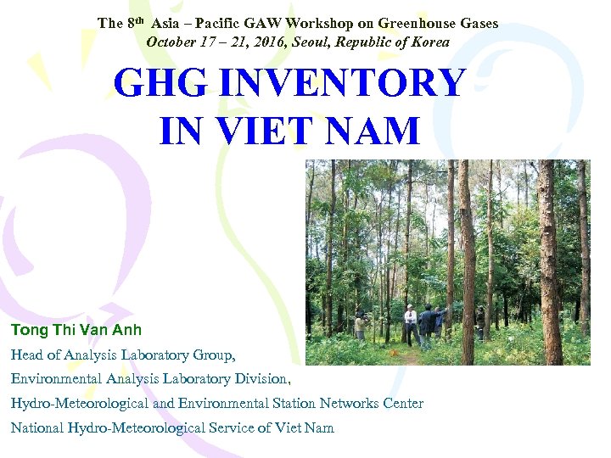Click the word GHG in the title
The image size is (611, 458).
pyautogui.click(x=162, y=84)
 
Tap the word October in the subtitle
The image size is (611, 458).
pyautogui.click(x=172, y=41)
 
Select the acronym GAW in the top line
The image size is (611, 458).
pyautogui.click(x=299, y=24)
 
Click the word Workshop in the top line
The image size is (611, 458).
pyautogui.click(x=358, y=24)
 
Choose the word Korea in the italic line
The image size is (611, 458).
pyautogui.click(x=430, y=41)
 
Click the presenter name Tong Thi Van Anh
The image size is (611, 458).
pyautogui.click(x=76, y=330)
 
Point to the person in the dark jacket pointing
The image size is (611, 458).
pyautogui.click(x=428, y=326)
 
